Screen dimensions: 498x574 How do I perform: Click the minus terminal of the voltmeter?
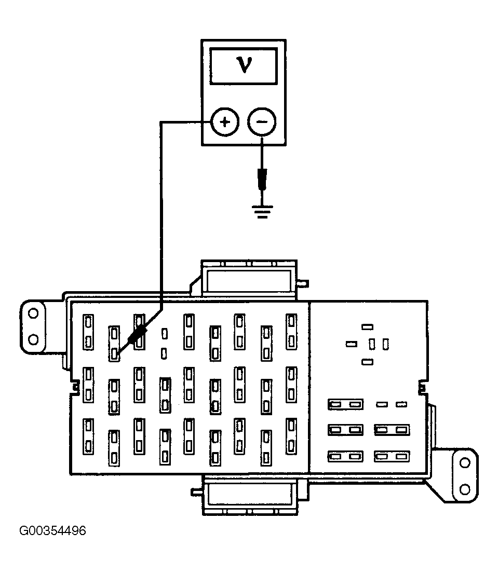click(262, 121)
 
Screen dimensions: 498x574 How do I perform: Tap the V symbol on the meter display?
click(244, 65)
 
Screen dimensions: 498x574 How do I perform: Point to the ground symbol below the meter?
click(262, 211)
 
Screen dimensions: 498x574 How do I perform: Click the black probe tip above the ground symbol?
click(262, 180)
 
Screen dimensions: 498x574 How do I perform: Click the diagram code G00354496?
click(53, 530)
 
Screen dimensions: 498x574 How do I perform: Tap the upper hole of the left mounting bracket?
click(33, 313)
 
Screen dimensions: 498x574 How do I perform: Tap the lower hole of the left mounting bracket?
click(33, 339)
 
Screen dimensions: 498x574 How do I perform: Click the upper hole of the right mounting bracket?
click(465, 463)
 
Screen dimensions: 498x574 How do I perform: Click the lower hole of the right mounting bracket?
click(465, 489)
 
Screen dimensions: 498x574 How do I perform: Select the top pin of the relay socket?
click(367, 326)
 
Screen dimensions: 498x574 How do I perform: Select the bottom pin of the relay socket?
click(367, 362)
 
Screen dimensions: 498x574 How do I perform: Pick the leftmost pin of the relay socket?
click(352, 344)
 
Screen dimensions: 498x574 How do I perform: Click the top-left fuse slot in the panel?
click(88, 332)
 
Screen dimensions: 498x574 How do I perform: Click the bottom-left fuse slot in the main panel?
click(88, 436)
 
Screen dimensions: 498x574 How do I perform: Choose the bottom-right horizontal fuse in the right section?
click(392, 457)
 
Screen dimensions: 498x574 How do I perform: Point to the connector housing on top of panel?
click(249, 279)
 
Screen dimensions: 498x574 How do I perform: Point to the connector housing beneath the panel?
click(250, 495)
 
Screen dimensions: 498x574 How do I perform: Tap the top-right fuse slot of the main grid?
click(291, 332)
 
